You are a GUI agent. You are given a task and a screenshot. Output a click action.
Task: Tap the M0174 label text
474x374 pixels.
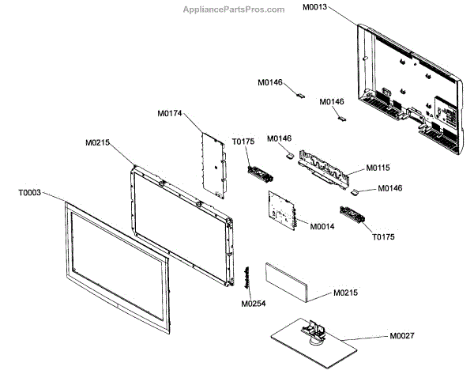point(169,114)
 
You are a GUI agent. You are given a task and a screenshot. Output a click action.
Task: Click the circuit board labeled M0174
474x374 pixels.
point(212,163)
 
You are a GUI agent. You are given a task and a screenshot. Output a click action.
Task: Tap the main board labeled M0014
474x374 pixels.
point(282,213)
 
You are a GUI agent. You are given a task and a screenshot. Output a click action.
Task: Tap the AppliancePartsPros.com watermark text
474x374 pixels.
point(233,9)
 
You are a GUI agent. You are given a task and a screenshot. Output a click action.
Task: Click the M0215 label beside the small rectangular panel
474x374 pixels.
point(346,293)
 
